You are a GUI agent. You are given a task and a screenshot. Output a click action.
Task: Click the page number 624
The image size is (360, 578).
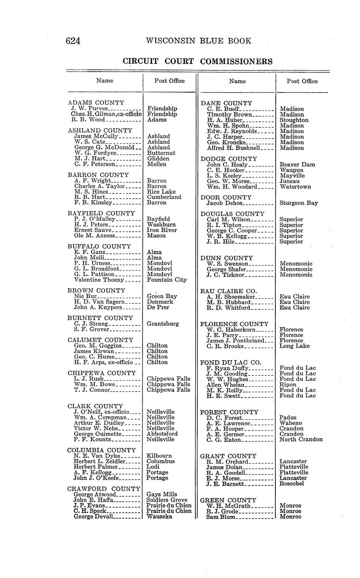pyautogui.click(x=73, y=41)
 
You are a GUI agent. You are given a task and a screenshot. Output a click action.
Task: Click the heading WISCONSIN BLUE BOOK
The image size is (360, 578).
pyautogui.click(x=199, y=41)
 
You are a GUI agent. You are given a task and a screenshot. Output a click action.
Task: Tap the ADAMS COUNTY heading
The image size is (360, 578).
pyautogui.click(x=96, y=103)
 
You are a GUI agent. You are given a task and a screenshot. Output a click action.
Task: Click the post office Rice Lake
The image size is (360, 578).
pyautogui.click(x=161, y=192)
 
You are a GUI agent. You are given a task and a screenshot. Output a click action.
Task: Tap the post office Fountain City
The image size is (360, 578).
pyautogui.click(x=167, y=280)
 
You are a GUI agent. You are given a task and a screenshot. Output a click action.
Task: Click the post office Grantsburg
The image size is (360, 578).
pyautogui.click(x=163, y=324)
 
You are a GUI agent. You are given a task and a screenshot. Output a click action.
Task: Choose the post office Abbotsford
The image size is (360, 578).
pyautogui.click(x=162, y=434)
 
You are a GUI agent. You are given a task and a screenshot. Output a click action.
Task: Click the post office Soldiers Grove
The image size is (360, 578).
pyautogui.click(x=166, y=500)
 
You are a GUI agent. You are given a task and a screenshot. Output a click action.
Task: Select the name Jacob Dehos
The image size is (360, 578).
pyautogui.click(x=225, y=203)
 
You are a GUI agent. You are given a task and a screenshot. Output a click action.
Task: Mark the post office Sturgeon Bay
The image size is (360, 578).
pyautogui.click(x=298, y=203)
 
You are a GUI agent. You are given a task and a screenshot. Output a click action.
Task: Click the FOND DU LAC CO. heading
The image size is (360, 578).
pyautogui.click(x=231, y=362)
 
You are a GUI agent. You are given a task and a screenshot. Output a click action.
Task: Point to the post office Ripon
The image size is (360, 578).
pyautogui.click(x=287, y=384)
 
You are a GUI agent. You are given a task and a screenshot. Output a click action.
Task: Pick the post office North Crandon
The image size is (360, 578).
pyautogui.click(x=300, y=439)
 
